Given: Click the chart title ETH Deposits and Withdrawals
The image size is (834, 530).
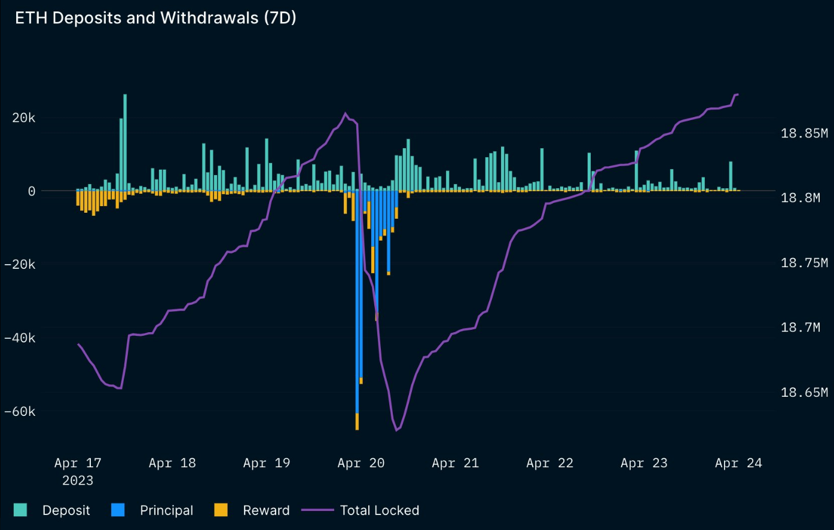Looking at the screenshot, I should pos(155,18).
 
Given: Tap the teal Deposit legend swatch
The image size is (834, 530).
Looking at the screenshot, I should pos(20,510).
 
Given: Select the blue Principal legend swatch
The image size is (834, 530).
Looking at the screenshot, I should pos(118,510).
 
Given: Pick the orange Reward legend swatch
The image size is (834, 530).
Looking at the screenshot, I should pos(221,510).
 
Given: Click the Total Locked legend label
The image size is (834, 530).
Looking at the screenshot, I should pos(379,510).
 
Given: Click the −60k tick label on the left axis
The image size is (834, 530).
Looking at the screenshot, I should pos(20,412).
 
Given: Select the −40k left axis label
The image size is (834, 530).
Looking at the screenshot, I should pos(20,338).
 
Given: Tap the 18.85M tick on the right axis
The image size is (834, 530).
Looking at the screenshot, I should pos(804,133).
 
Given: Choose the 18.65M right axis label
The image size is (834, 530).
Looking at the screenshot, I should pos(804,393).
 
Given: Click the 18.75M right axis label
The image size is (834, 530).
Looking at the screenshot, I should pos(804,263).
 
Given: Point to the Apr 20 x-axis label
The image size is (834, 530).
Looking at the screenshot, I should pos(361,463).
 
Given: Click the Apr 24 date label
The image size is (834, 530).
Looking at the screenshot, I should pos(738,463).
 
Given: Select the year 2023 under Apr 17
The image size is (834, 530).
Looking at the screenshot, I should pos(78,480).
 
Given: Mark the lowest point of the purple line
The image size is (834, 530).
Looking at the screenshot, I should pos(396,430).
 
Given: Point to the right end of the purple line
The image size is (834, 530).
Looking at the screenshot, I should pos(738,94).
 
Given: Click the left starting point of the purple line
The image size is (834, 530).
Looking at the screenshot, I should pos(78,344).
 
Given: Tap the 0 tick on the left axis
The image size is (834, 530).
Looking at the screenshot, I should pos(31,191).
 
